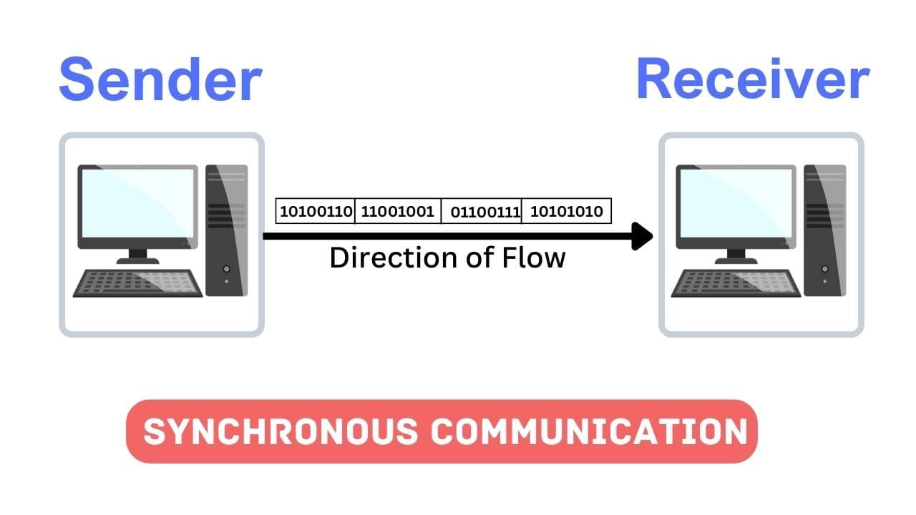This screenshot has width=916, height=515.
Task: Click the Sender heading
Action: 160,81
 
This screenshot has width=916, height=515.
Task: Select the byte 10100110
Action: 316,212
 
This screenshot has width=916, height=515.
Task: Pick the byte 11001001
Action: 398,212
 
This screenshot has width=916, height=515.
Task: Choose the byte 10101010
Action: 566,212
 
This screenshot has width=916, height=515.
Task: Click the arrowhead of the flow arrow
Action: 642,236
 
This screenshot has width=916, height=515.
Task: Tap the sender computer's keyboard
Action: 138,283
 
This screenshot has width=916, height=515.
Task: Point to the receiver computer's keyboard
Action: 736,283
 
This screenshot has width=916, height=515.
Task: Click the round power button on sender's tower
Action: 227,269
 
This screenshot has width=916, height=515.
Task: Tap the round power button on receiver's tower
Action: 825,269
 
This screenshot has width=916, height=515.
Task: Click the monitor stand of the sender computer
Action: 137,256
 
